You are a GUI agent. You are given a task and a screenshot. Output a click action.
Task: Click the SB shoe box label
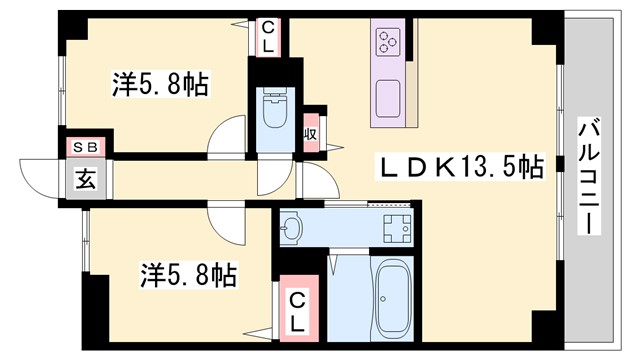point(84,147)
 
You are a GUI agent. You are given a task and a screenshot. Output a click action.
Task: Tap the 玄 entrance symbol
point(85,181)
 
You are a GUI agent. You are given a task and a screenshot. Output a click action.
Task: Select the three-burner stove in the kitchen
point(389,42)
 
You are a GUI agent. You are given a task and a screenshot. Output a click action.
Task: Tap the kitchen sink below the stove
point(388,98)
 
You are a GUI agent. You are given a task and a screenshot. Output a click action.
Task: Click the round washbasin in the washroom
point(291,229)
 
